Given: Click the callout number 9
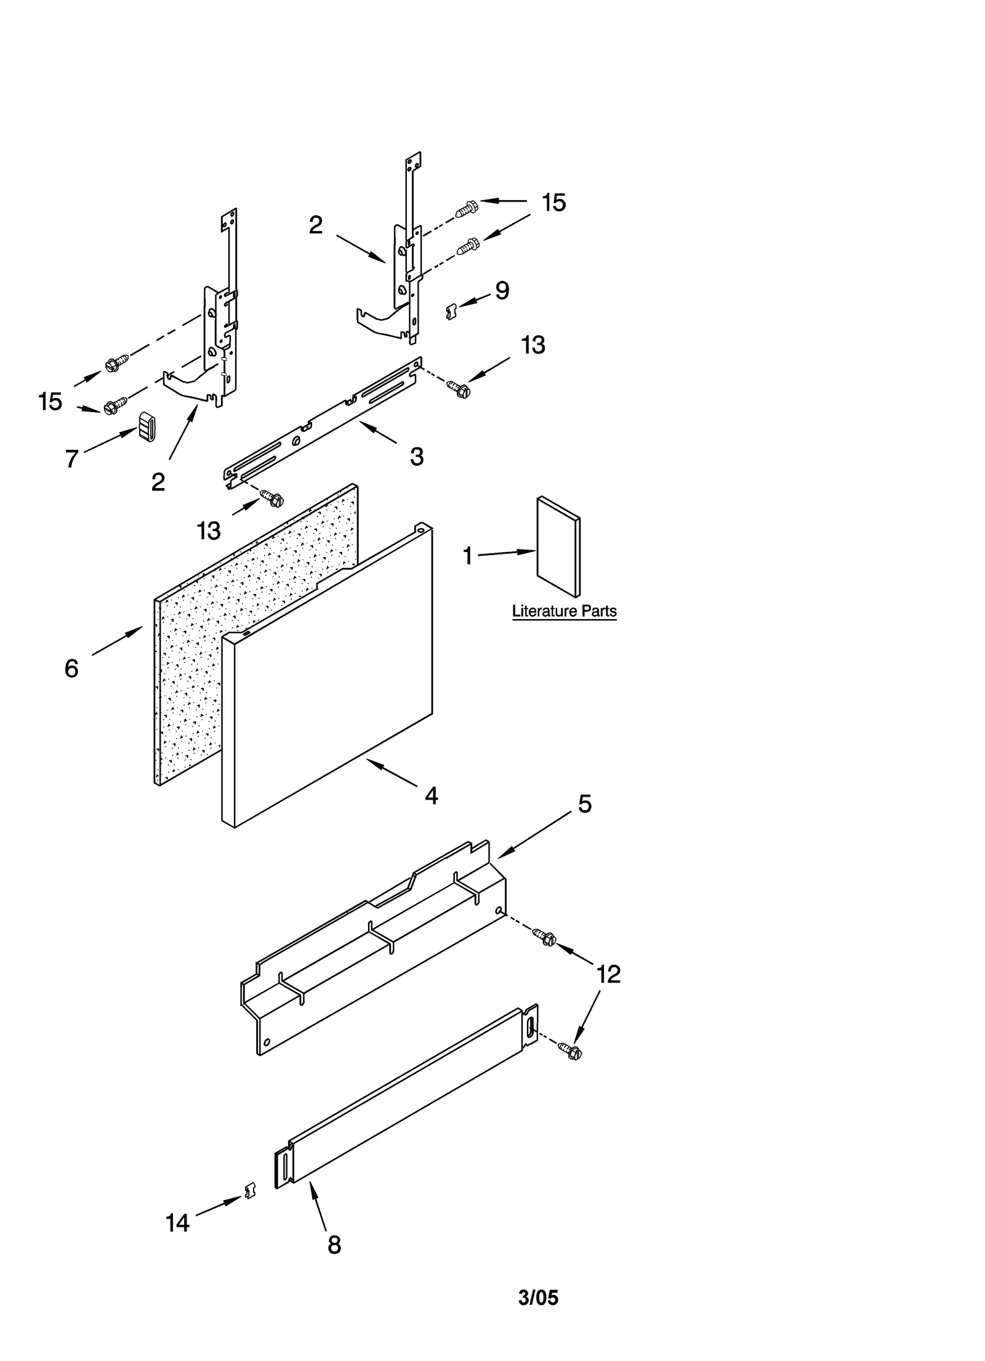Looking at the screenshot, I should tap(502, 291).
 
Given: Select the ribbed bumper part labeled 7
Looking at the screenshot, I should tap(147, 426).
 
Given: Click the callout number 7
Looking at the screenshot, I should tap(72, 458).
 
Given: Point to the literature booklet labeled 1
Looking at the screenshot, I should tap(558, 548).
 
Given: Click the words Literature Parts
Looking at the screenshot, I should tap(564, 611).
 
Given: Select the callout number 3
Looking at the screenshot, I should tap(417, 457).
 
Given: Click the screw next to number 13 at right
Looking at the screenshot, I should tap(459, 388).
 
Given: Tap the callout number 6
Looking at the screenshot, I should tap(71, 668).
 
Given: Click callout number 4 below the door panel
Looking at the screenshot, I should tap(431, 796).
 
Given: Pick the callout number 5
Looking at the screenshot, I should tap(584, 804).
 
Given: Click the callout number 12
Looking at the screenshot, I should tap(608, 974).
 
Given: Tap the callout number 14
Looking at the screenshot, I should tap(177, 1223).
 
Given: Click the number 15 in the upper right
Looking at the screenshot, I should tap(553, 203).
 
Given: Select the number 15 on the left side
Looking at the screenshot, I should tap(50, 402).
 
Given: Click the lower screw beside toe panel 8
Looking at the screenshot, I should tap(571, 1050).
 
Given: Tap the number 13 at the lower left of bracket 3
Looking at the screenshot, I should tap(209, 530).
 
